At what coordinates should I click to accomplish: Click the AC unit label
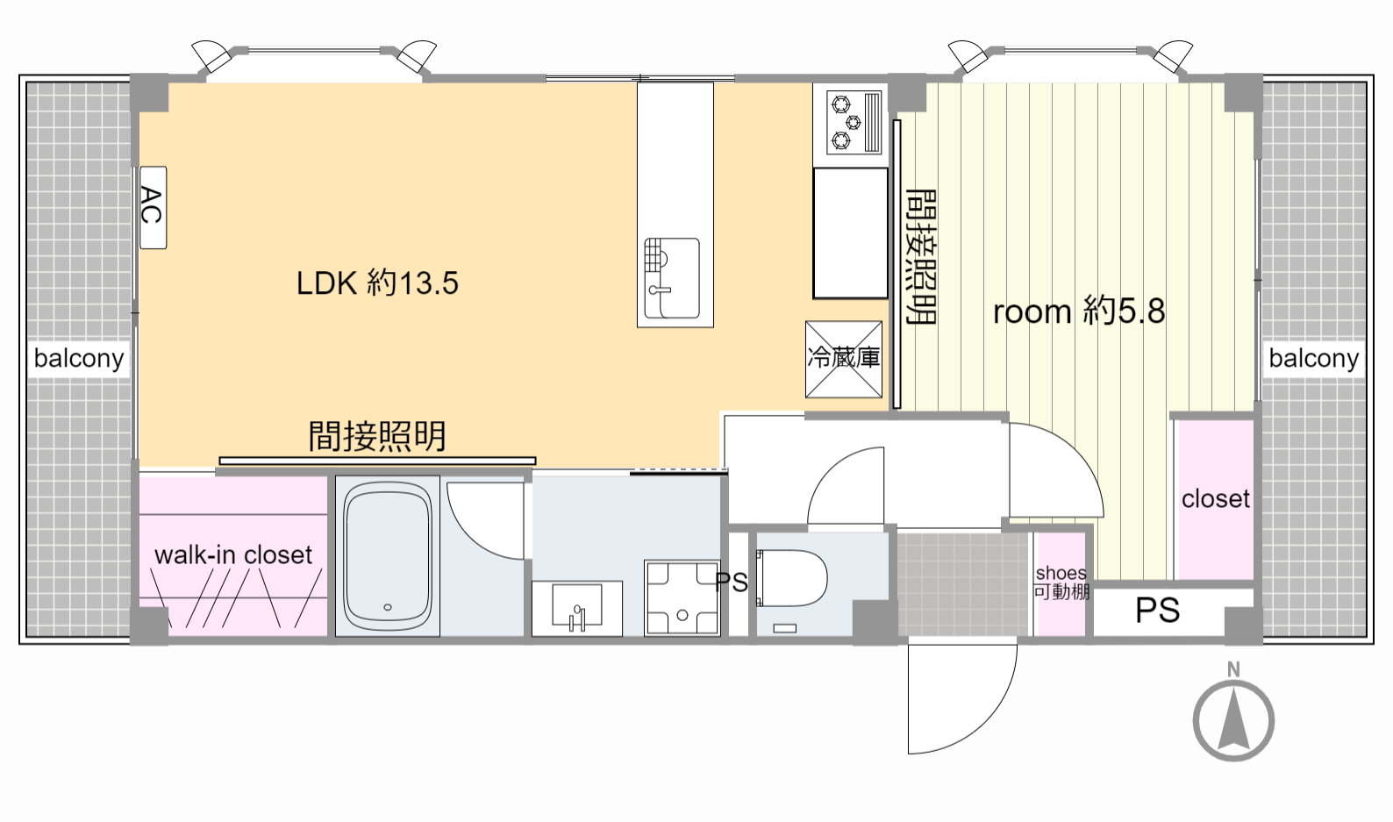click(x=153, y=207)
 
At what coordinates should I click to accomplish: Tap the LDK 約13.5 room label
click(x=377, y=282)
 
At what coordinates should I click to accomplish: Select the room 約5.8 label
click(x=1079, y=311)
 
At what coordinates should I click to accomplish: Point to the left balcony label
click(x=79, y=359)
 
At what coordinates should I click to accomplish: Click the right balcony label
click(x=1313, y=359)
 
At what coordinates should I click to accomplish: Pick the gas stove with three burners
click(x=854, y=123)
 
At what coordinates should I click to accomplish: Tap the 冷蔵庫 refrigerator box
click(x=844, y=359)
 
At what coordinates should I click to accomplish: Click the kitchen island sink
click(x=672, y=278)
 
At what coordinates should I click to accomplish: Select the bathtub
click(x=388, y=556)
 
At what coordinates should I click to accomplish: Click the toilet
click(x=791, y=578)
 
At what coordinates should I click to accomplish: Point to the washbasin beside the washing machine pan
click(x=577, y=608)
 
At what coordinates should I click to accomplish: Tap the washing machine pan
click(x=682, y=597)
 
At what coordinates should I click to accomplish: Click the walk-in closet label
click(x=233, y=555)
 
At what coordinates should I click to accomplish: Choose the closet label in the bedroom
click(x=1215, y=498)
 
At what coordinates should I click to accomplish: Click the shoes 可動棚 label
click(x=1061, y=583)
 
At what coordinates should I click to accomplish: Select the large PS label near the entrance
click(x=1157, y=611)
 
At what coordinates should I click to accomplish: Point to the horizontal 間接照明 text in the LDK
click(x=377, y=436)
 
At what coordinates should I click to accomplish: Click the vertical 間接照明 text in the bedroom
click(x=921, y=257)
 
